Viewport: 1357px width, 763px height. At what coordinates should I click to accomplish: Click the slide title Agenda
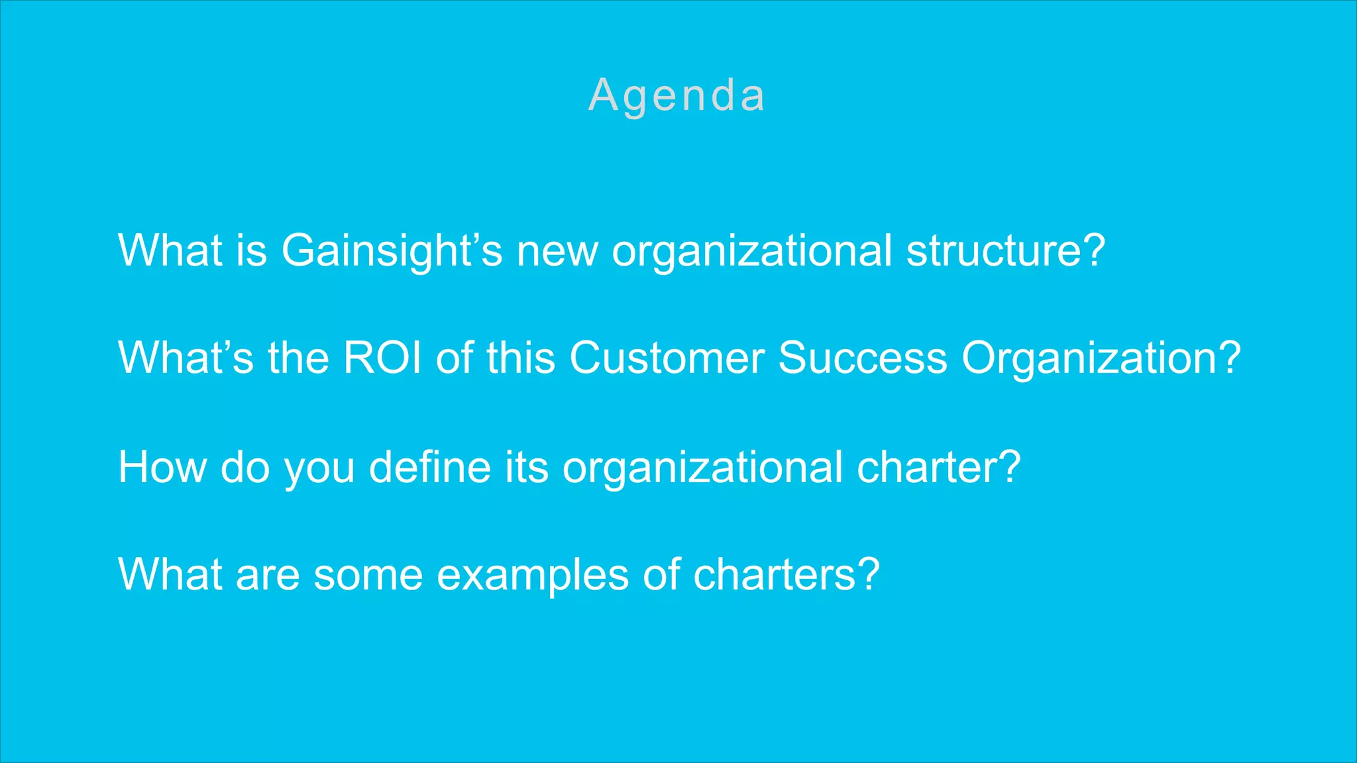[x=677, y=95]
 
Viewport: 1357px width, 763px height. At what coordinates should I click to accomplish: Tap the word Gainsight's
[x=392, y=251]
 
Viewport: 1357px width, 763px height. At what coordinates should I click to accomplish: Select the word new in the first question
[x=557, y=252]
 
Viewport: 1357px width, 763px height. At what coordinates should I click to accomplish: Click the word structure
[x=1005, y=251]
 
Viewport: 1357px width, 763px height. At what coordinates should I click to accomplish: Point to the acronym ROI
[x=382, y=358]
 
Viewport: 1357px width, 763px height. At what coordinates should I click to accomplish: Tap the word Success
[x=863, y=358]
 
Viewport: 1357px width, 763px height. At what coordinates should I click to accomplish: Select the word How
[x=162, y=467]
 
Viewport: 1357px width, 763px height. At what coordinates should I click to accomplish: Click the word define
[x=429, y=467]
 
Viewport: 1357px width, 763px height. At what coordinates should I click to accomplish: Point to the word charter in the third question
[x=938, y=467]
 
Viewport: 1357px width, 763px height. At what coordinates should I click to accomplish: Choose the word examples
[x=533, y=576]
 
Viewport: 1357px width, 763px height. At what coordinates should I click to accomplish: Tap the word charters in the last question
[x=786, y=574]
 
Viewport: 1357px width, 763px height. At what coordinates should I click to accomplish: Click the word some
[x=368, y=575]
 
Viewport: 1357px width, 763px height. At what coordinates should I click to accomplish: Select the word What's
[x=186, y=358]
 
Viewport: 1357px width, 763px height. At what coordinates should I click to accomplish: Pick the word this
[x=520, y=358]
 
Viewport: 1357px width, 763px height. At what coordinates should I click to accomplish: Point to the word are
[x=267, y=575]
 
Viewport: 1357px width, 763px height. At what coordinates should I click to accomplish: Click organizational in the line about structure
[x=751, y=252]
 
